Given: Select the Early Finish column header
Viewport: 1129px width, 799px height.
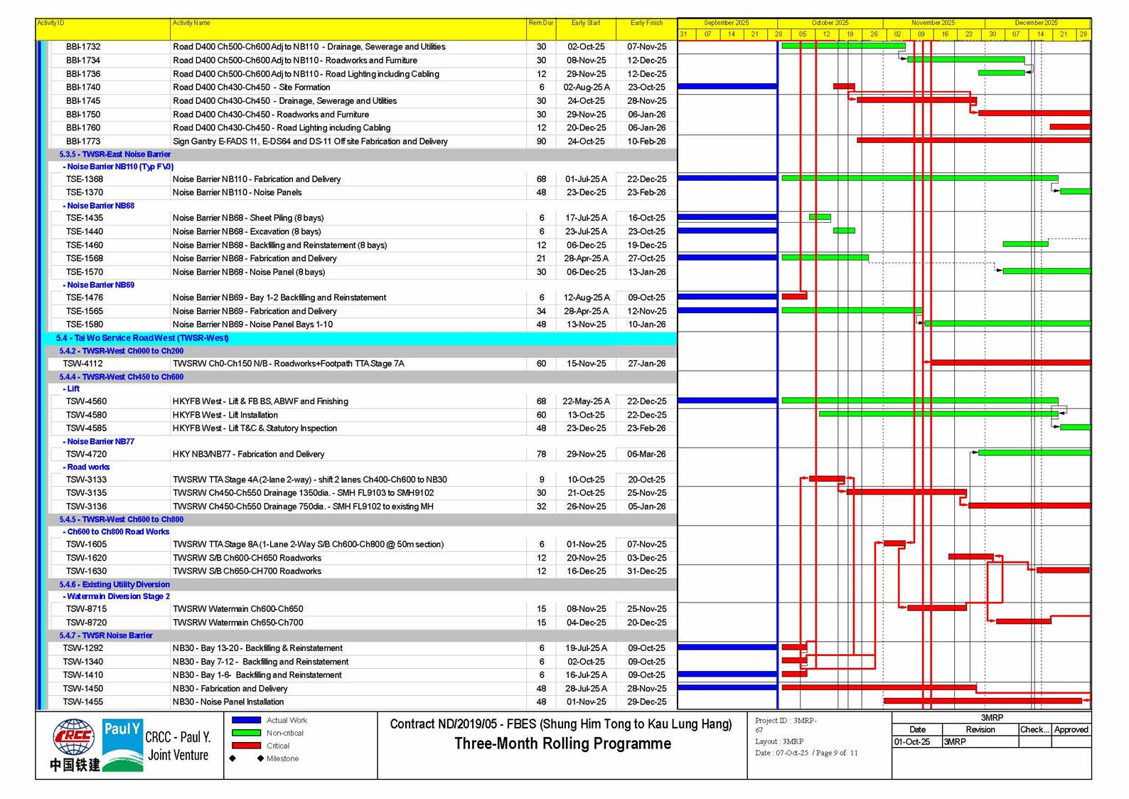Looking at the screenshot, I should pos(646,23).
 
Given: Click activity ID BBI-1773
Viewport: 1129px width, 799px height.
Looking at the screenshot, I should pos(83,142).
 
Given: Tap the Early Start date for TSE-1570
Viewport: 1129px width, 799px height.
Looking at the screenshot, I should pos(586,272).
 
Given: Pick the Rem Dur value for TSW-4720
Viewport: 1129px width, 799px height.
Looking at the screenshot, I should pos(541,454).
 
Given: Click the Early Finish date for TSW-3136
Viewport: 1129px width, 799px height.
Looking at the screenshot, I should pos(646,507).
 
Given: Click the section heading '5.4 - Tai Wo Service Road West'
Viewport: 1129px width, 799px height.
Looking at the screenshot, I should pos(143,338).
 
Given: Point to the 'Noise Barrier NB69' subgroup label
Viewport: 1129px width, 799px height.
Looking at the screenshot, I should pos(100,285).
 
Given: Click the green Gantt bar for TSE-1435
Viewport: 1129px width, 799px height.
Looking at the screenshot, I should pos(820,217).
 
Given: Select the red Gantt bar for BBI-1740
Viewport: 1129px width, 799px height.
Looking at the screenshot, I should pos(844,87).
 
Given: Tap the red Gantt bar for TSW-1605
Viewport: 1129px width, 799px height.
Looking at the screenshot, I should pos(894,544).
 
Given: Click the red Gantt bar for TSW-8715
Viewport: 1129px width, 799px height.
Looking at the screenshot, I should pos(936,608).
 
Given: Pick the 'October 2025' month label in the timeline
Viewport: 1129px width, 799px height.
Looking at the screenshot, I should pos(830,23).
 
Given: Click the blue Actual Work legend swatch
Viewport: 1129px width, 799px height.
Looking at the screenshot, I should pos(246,720).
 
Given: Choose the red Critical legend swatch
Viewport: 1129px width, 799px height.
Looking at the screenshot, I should pos(246,746).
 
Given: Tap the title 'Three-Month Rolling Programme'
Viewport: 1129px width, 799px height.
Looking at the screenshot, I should pos(562,744).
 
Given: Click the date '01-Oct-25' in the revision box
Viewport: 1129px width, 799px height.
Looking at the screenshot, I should pos(912,741).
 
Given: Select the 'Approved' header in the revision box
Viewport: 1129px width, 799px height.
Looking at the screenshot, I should pos(1071,729).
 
